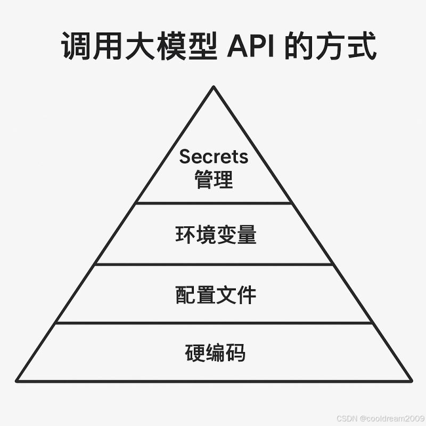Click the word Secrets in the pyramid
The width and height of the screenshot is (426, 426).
[x=214, y=157]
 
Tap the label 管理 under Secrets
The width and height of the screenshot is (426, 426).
[x=214, y=180]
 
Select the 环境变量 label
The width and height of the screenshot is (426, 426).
[x=216, y=235]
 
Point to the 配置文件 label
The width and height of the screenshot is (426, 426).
[x=216, y=294]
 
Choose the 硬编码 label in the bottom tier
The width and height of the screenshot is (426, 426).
[x=216, y=353]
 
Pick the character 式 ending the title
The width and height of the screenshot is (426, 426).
[x=363, y=47]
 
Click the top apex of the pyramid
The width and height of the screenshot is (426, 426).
[x=214, y=87]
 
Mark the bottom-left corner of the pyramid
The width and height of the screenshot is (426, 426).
[x=17, y=380]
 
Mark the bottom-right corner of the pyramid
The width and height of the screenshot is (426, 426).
[x=411, y=380]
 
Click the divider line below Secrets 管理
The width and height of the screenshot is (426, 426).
[x=214, y=203]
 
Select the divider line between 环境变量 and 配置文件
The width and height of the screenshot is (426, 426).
[x=214, y=264]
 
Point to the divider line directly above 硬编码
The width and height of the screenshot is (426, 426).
[x=214, y=322]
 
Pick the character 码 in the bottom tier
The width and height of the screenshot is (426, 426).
[x=235, y=353]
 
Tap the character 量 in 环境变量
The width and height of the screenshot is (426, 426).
[x=246, y=235]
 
